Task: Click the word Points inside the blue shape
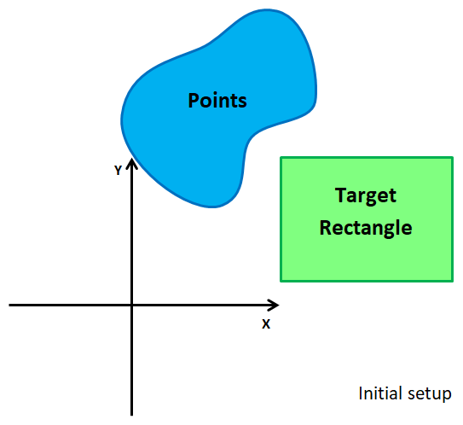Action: (217, 101)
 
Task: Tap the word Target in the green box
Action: (366, 195)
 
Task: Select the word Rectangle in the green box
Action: (366, 228)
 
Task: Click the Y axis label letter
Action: (118, 171)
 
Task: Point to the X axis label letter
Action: (265, 324)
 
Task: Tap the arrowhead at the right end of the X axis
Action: (274, 305)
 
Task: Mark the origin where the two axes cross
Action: (131, 305)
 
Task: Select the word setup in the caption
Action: (428, 395)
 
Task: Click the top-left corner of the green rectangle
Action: (281, 158)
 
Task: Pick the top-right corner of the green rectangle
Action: (451, 158)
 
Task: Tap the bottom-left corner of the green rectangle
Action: (281, 280)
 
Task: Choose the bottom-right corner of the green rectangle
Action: (451, 280)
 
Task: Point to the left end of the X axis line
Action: (10, 305)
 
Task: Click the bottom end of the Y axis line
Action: (131, 414)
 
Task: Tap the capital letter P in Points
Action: (194, 101)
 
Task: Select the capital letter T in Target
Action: (340, 195)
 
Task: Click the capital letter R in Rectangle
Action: (325, 228)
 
